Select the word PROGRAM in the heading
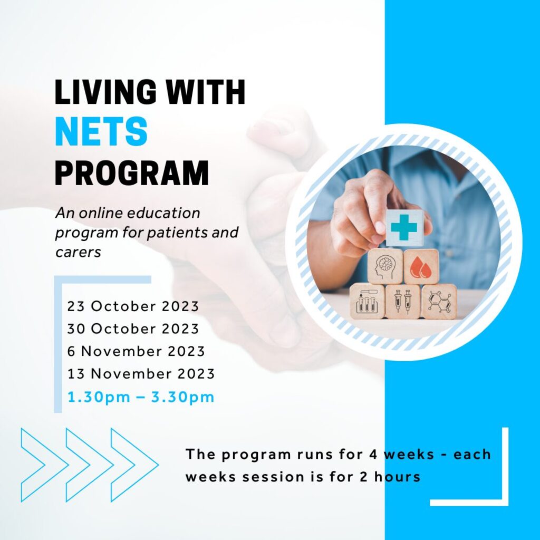point(132,172)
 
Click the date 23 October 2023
point(133,306)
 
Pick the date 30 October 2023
point(133,329)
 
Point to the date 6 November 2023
point(136,351)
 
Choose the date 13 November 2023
point(141,374)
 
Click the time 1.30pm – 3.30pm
point(141,397)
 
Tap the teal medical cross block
point(404,228)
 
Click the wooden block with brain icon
point(385,266)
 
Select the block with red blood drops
point(421,266)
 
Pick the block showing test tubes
point(367,302)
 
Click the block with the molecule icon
point(439,302)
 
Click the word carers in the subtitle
point(78,252)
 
